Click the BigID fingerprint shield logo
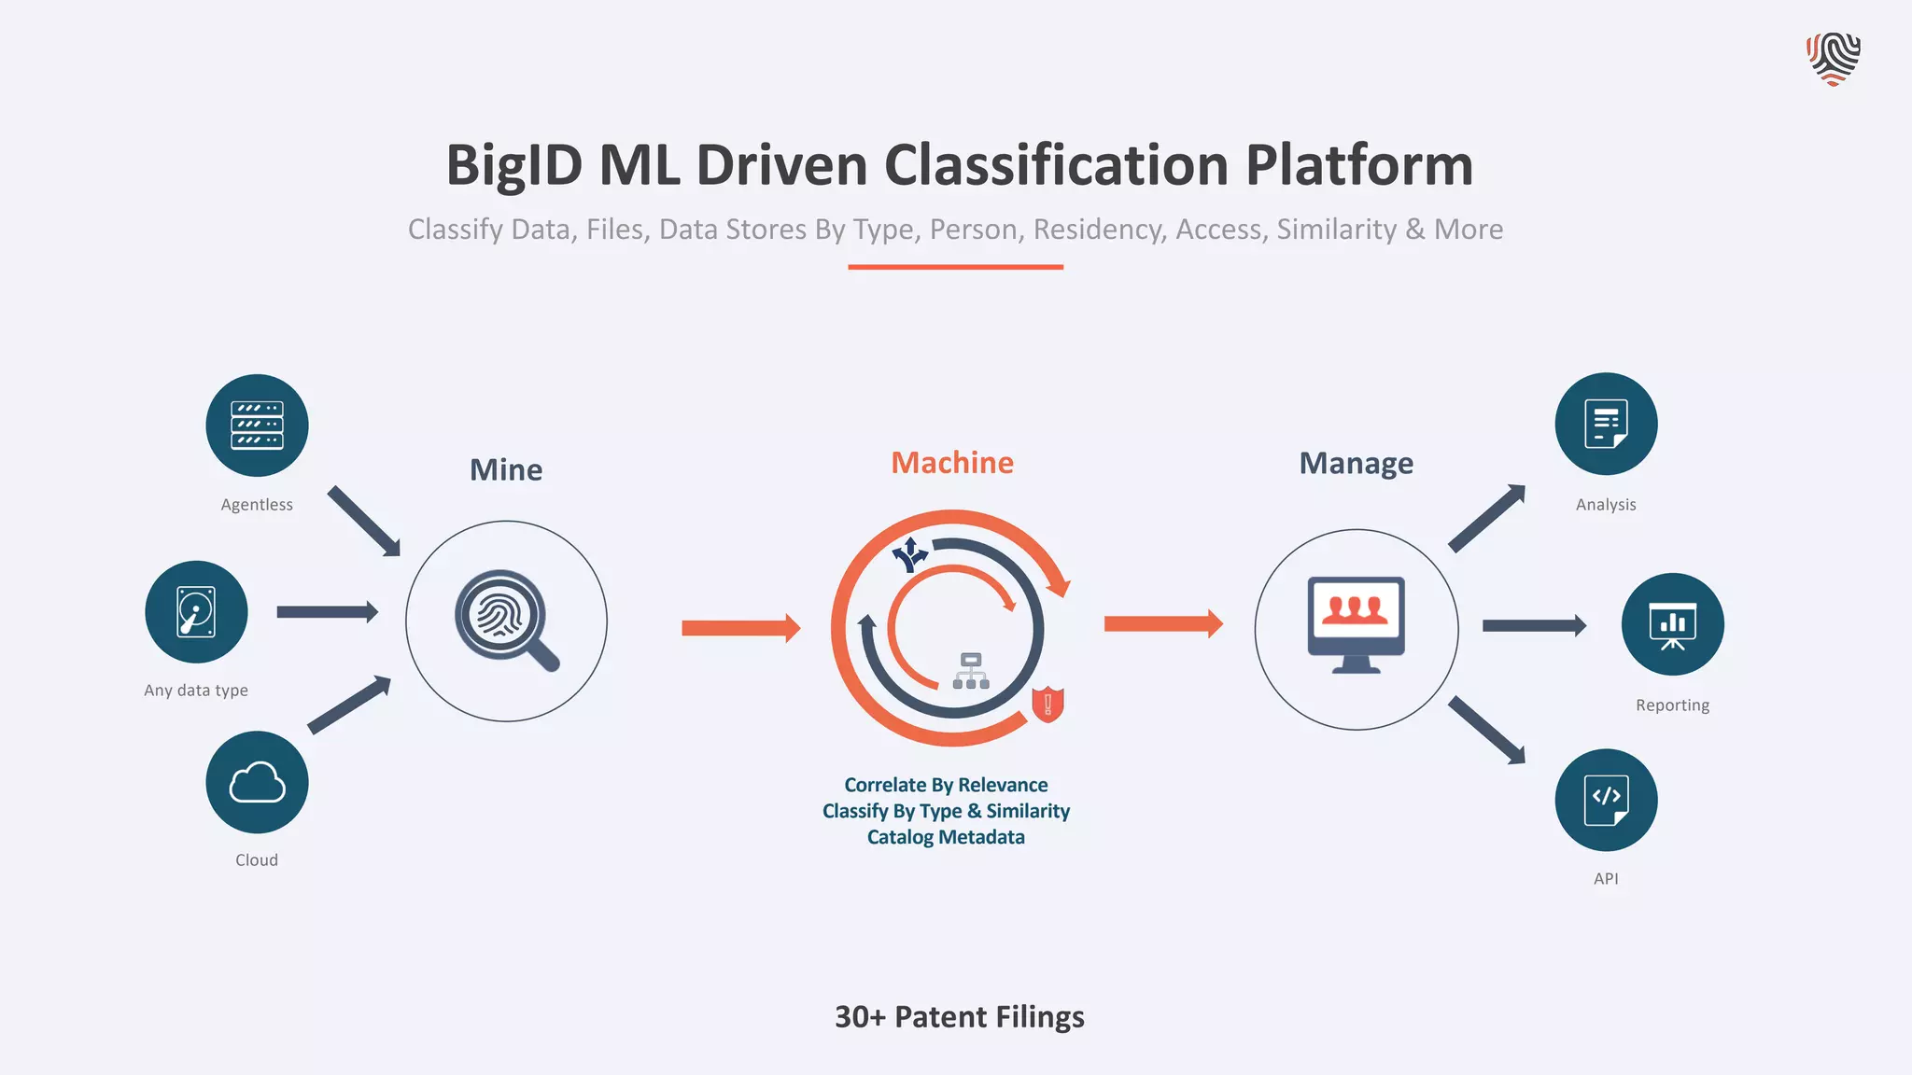[1833, 59]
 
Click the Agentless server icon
[257, 426]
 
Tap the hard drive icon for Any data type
[196, 612]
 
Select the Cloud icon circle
[257, 782]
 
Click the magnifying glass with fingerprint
[505, 619]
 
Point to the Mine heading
[505, 469]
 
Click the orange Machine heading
[951, 463]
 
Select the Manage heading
[1356, 463]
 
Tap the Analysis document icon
[1606, 424]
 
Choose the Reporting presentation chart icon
[1672, 624]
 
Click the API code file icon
[1606, 800]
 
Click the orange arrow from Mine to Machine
[740, 628]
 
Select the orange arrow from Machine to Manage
[1162, 623]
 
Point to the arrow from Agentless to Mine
[364, 521]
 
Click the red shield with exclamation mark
[1047, 704]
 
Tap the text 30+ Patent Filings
[959, 1016]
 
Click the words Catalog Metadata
[946, 837]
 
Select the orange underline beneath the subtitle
[955, 267]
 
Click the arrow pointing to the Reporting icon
[1534, 625]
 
